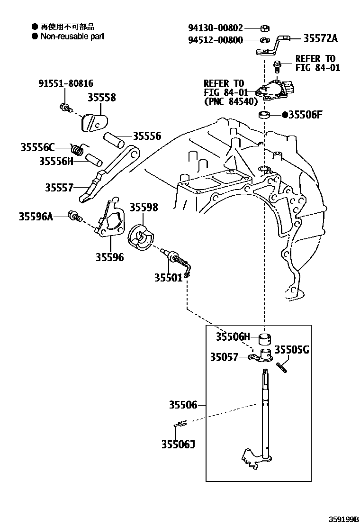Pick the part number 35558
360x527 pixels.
101,98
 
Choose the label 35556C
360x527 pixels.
38,147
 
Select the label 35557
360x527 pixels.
59,188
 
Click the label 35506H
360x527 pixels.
232,337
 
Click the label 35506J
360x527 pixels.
178,444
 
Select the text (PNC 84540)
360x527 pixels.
231,101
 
